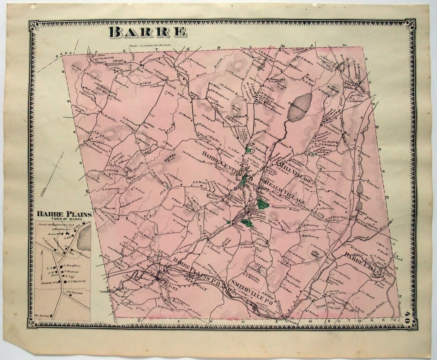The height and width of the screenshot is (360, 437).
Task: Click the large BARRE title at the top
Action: pos(148,32)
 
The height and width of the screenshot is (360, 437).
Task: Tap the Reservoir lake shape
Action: pos(300,107)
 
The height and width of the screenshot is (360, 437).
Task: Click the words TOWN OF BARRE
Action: pos(65,219)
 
